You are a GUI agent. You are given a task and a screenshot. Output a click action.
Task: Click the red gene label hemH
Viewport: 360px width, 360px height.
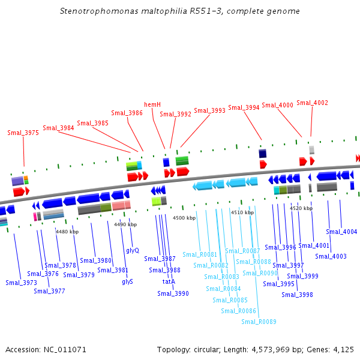(x=152, y=104)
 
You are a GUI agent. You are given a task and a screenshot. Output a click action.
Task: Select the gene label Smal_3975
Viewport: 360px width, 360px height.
(x=23, y=133)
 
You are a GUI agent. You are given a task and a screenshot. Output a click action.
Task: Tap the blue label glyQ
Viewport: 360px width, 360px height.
(x=133, y=250)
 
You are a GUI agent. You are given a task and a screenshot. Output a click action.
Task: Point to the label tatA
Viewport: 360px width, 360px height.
(x=169, y=281)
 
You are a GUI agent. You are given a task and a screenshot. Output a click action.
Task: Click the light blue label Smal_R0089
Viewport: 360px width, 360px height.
(x=259, y=322)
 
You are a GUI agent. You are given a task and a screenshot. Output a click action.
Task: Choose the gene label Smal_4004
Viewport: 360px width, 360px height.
(x=341, y=232)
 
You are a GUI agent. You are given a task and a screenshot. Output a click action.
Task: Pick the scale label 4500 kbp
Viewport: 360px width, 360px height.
(x=184, y=218)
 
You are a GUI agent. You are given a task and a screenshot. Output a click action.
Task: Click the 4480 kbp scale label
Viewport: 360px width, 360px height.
(x=67, y=232)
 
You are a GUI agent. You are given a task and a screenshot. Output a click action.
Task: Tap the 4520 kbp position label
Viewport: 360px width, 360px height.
(x=301, y=208)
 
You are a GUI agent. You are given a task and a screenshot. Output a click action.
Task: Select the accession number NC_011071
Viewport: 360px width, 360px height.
(x=65, y=349)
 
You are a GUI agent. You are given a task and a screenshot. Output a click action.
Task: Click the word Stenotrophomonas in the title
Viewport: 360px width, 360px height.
(x=99, y=11)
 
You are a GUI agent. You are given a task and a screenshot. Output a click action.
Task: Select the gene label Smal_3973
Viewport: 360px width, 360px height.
(x=21, y=283)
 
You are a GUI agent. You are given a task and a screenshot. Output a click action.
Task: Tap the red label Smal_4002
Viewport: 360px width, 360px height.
(x=312, y=103)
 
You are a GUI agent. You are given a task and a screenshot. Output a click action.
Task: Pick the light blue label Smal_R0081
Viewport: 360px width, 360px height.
(x=200, y=254)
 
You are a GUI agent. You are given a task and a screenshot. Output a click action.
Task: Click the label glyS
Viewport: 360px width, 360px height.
(x=127, y=281)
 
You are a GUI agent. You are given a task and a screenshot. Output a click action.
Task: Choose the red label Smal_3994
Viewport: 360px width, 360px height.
(x=244, y=107)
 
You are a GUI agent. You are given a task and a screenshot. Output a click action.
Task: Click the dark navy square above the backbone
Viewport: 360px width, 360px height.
(x=262, y=154)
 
